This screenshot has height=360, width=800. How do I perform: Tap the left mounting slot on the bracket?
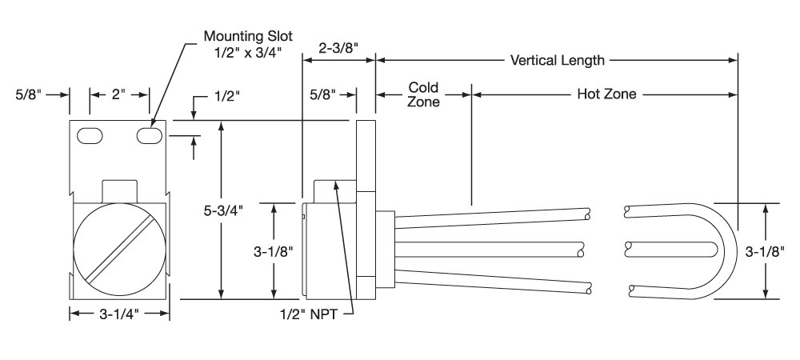89,136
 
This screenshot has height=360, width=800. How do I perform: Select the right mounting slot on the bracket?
149,136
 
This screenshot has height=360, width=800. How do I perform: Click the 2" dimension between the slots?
119,94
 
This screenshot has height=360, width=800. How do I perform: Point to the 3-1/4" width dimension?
119,314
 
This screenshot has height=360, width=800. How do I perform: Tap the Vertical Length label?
558,60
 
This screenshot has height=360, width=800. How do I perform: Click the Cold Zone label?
423,94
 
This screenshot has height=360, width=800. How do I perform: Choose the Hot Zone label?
606,94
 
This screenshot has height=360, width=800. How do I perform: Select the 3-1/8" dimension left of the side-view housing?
274,250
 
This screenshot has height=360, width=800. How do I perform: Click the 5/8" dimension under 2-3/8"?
326,94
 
